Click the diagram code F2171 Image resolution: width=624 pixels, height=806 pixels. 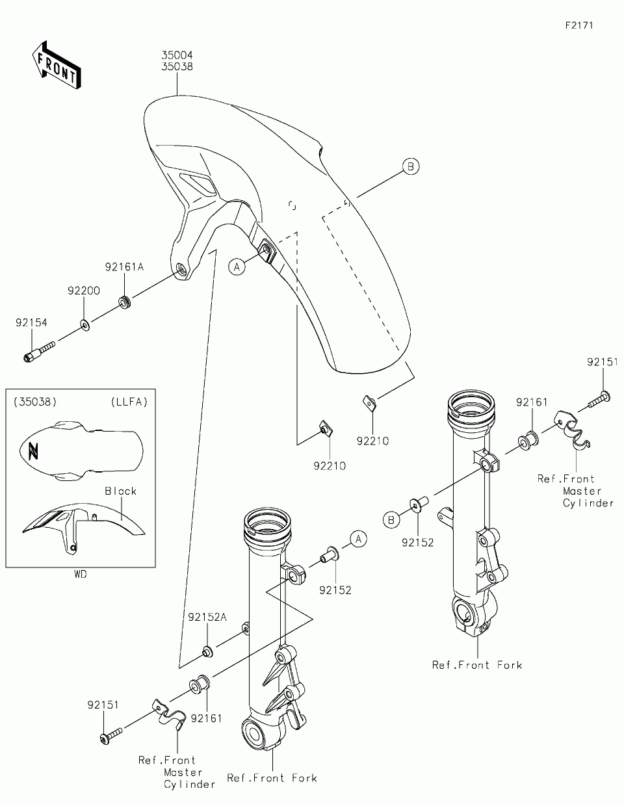coord(579,25)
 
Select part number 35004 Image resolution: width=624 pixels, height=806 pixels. coord(177,57)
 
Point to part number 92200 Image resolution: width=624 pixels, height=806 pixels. coord(84,291)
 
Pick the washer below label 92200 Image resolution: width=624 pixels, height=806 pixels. coord(85,323)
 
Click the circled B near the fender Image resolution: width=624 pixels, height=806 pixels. coord(410,166)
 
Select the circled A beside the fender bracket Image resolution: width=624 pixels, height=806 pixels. coord(237,266)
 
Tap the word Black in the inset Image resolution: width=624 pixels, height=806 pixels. coord(121,491)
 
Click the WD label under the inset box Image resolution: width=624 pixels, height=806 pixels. coord(80,575)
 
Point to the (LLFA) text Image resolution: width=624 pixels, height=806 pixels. coord(129,402)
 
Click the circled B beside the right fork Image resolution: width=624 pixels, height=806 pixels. coord(391,519)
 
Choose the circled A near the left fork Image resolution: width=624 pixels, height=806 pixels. coord(359,538)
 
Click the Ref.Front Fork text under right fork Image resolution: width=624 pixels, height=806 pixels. coord(477,665)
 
